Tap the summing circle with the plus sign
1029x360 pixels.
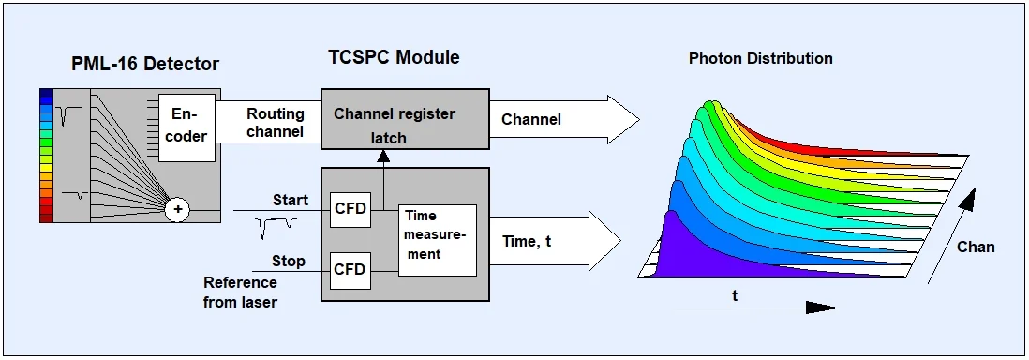(176, 210)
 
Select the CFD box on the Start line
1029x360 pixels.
(350, 210)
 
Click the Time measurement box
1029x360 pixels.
(437, 240)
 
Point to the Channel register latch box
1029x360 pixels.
(405, 117)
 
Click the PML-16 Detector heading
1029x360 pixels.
(145, 64)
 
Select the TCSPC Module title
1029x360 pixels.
(394, 57)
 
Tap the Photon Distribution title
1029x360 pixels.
(761, 58)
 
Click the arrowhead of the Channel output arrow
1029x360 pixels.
(623, 119)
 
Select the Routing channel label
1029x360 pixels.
(276, 122)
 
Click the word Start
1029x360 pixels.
(291, 200)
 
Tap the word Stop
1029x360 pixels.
(289, 262)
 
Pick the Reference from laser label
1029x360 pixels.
(240, 292)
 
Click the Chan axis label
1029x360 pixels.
(976, 247)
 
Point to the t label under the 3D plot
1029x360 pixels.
(735, 295)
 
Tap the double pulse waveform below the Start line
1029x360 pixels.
(276, 228)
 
